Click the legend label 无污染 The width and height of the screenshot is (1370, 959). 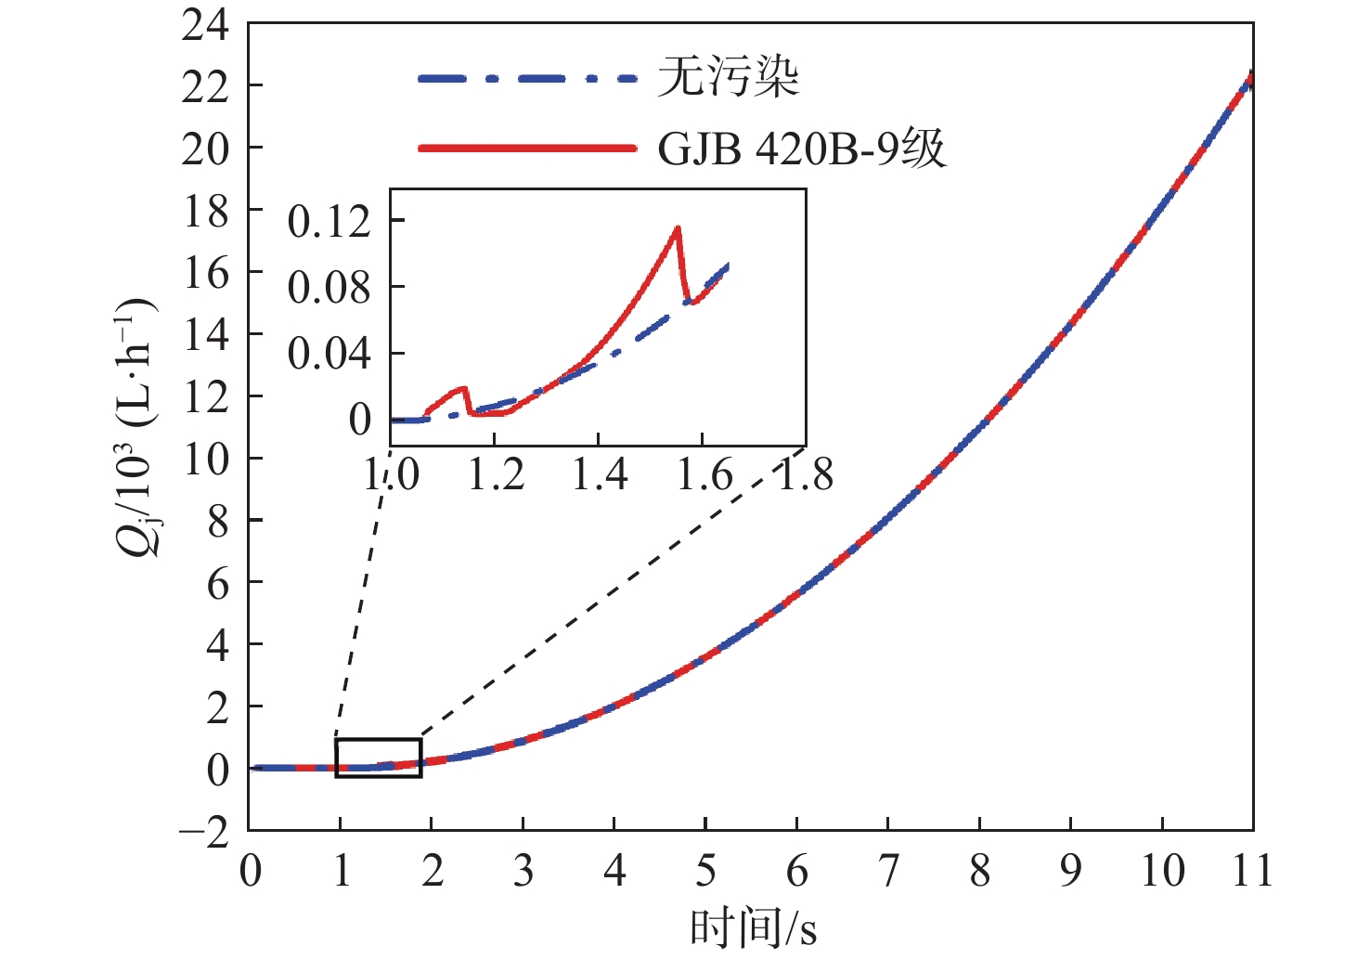pos(728,77)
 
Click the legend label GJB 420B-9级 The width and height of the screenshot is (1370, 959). pos(802,149)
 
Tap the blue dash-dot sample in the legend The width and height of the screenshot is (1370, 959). pos(526,78)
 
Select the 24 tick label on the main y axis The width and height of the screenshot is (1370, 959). pos(205,25)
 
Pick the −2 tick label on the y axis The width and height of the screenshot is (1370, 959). pos(205,832)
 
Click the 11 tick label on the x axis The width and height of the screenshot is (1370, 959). pos(1252,871)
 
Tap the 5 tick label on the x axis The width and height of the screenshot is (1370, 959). pos(705,871)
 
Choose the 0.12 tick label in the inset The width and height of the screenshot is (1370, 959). pos(329,221)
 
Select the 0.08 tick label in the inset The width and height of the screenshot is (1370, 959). pos(329,287)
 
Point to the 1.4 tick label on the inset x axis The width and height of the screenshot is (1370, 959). pos(599,475)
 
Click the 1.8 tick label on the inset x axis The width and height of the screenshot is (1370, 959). pos(805,475)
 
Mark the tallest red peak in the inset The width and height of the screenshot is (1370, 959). pos(679,227)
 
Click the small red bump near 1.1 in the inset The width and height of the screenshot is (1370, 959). pos(461,389)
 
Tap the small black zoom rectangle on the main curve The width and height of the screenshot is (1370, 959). pos(379,757)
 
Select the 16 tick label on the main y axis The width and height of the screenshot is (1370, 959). pos(205,273)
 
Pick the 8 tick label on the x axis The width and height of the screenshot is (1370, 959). pos(979,871)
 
